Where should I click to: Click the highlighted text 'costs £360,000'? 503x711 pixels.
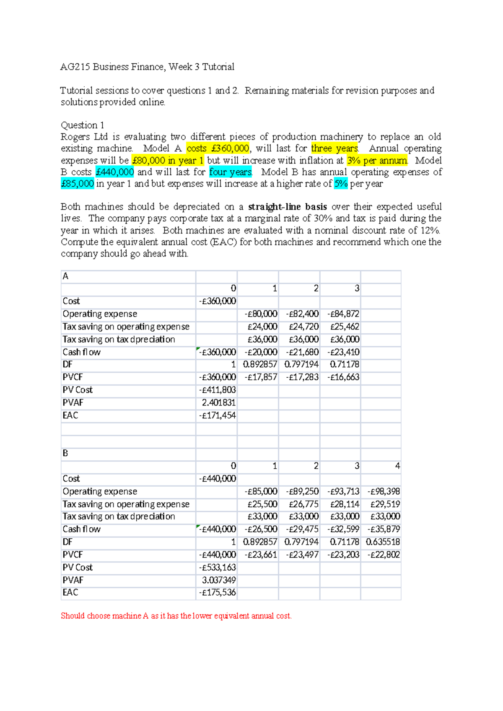[x=218, y=148]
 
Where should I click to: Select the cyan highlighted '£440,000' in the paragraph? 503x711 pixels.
[x=115, y=172]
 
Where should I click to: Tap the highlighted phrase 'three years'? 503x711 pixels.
[x=334, y=148]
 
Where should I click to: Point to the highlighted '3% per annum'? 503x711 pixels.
[x=377, y=160]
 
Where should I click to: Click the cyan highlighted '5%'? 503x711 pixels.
[x=340, y=184]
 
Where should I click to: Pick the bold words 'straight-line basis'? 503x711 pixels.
[x=287, y=207]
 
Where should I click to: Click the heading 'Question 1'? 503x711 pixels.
[x=83, y=125]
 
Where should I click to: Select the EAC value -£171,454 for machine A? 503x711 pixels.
[x=217, y=415]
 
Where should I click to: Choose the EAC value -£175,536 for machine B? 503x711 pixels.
[x=217, y=593]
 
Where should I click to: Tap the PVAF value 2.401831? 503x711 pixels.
[x=218, y=403]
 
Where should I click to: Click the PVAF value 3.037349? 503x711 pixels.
[x=218, y=580]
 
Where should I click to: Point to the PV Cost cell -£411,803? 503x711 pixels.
[x=217, y=390]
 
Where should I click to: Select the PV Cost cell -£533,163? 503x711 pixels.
[x=217, y=568]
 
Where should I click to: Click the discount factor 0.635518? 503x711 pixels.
[x=383, y=542]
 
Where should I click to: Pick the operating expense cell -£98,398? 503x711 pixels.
[x=384, y=491]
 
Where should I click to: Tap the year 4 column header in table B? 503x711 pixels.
[x=397, y=466]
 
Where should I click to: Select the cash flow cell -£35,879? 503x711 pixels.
[x=384, y=529]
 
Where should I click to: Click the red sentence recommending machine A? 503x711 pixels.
[x=176, y=616]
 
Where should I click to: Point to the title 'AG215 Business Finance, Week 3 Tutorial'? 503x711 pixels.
[x=147, y=67]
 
